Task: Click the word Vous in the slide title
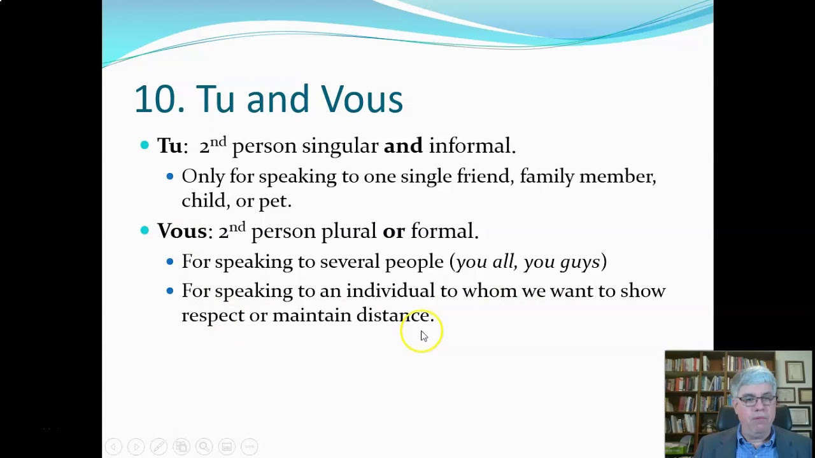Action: pyautogui.click(x=362, y=100)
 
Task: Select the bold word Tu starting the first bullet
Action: pyautogui.click(x=169, y=146)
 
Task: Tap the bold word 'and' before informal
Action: pyautogui.click(x=402, y=146)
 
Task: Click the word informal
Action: pyautogui.click(x=471, y=146)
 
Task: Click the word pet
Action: pyautogui.click(x=274, y=201)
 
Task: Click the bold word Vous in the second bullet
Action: pyautogui.click(x=181, y=231)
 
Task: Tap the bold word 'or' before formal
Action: pyautogui.click(x=393, y=231)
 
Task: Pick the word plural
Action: pyautogui.click(x=348, y=231)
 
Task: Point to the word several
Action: pyautogui.click(x=350, y=261)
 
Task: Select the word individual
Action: pyautogui.click(x=390, y=291)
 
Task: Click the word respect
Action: pyautogui.click(x=213, y=316)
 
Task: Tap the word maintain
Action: pyautogui.click(x=311, y=315)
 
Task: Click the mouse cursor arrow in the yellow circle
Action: pyautogui.click(x=424, y=336)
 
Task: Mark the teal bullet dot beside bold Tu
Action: pyautogui.click(x=145, y=145)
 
